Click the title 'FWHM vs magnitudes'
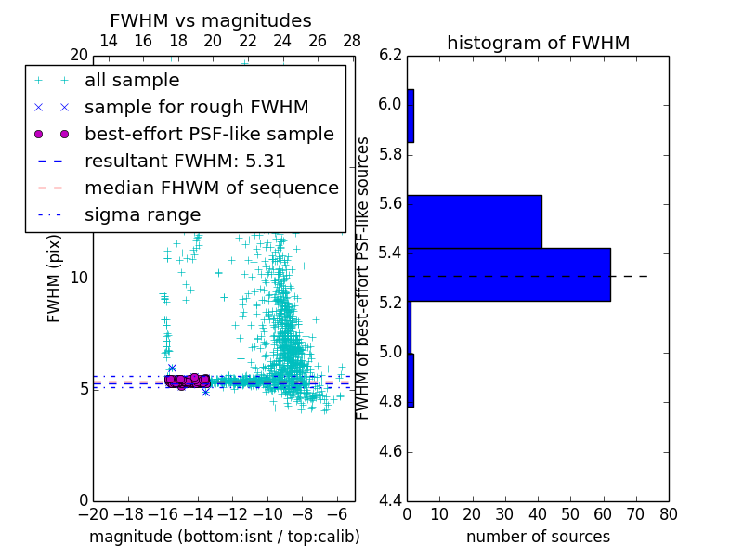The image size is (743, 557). (x=210, y=20)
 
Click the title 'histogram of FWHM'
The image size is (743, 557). (x=538, y=43)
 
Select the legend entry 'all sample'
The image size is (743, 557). (x=132, y=81)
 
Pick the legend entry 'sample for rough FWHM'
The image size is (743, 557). (x=196, y=107)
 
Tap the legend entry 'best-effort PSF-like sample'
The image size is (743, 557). (x=209, y=134)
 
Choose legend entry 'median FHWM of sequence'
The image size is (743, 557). (x=211, y=188)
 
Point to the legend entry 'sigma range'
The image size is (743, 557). (x=142, y=214)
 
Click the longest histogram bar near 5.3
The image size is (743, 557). (x=508, y=275)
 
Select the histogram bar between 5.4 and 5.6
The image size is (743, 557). (x=474, y=222)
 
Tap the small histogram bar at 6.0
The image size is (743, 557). (x=411, y=116)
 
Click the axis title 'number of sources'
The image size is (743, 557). (x=538, y=537)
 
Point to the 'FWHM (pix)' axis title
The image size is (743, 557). (x=54, y=278)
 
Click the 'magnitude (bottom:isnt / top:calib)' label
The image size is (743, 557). (x=224, y=537)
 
